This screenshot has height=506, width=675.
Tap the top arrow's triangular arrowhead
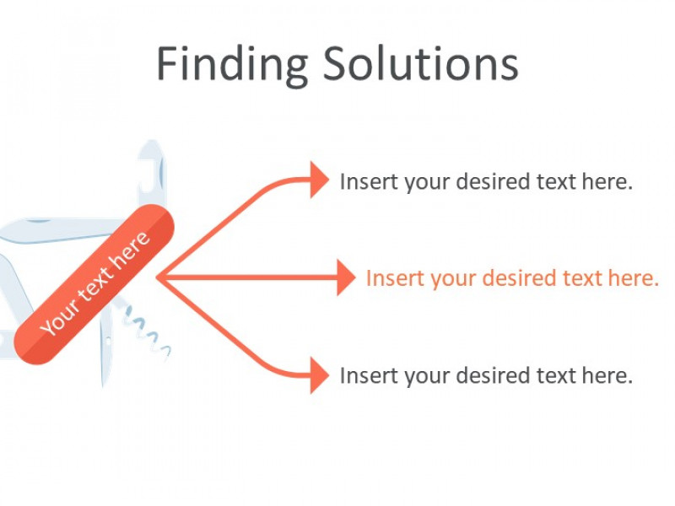tap(320, 180)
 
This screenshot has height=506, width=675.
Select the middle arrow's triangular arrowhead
tap(346, 277)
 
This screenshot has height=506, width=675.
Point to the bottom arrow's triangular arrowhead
tap(320, 375)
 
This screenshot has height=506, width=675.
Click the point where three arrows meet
tap(158, 278)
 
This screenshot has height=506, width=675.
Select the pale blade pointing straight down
tap(106, 344)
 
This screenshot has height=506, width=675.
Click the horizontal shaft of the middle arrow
tap(247, 278)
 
